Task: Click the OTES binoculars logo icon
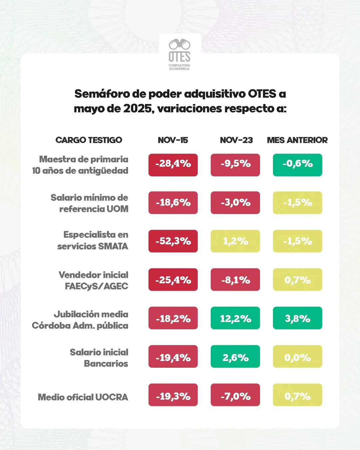[x=179, y=44]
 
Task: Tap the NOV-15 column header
[x=173, y=140]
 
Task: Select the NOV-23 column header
[x=236, y=140]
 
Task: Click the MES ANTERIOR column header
[x=297, y=140]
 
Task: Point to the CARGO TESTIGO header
[x=89, y=140]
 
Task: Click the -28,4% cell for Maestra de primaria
[x=173, y=165]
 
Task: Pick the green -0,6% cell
[x=297, y=165]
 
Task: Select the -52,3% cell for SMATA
[x=173, y=241]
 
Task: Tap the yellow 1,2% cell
[x=235, y=241]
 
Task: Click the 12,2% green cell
[x=235, y=318]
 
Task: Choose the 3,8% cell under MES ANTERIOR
[x=297, y=318]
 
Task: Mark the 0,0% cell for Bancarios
[x=297, y=357]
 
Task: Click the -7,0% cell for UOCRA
[x=235, y=395]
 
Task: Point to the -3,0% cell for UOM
[x=235, y=203]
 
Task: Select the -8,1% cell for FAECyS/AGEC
[x=235, y=280]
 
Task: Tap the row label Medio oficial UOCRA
[x=83, y=397]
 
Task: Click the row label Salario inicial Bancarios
[x=99, y=358]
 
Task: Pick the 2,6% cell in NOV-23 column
[x=235, y=357]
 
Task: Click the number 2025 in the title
[x=138, y=109]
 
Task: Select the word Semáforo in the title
[x=102, y=94]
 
